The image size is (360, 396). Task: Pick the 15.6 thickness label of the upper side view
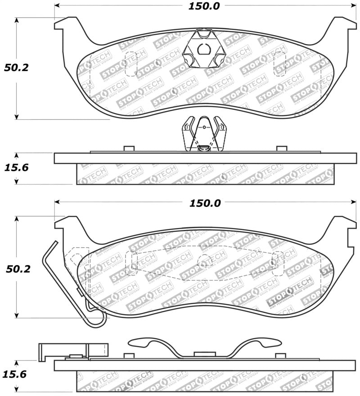tap(17, 168)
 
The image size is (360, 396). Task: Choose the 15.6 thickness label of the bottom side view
tap(17, 373)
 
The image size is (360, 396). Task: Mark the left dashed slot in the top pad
tap(131, 63)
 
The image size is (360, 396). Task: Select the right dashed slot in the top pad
tap(279, 63)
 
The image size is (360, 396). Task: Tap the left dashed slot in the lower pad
tap(131, 263)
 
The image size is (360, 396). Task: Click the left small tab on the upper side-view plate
tap(129, 149)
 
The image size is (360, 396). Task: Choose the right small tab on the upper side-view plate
tap(282, 149)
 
